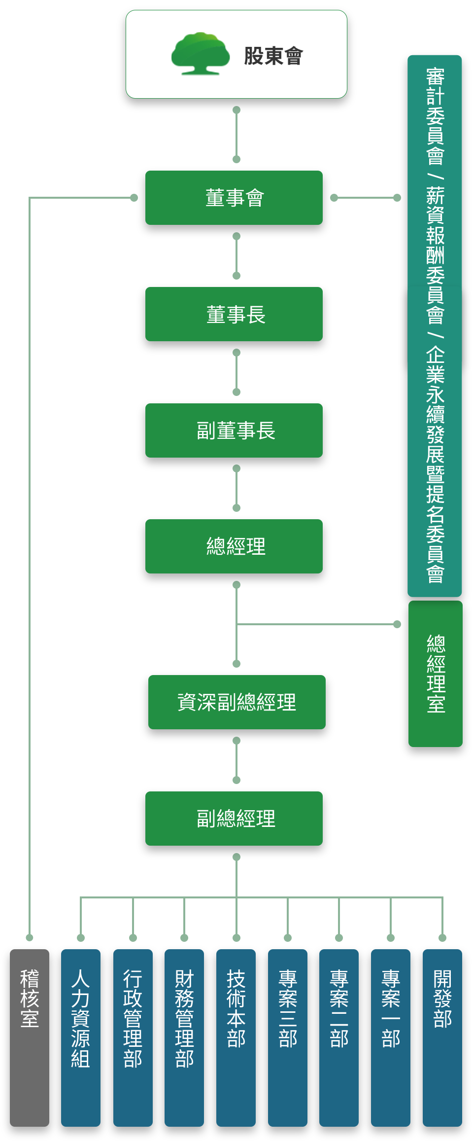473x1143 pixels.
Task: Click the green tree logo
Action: [x=200, y=54]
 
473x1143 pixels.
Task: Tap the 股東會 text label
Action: [x=273, y=56]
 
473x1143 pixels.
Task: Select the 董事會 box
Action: [x=234, y=198]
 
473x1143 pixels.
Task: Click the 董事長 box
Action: [x=234, y=314]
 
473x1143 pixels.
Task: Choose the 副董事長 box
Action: [x=234, y=430]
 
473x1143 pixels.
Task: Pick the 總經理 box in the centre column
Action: [x=234, y=546]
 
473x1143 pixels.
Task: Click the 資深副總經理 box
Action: [x=237, y=702]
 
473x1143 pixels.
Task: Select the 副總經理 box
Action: [x=234, y=819]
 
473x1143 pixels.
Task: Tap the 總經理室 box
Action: [x=436, y=674]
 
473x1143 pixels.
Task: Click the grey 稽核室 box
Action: [x=30, y=1037]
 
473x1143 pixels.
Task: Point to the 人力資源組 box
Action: [x=81, y=1037]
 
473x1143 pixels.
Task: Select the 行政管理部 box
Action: [x=133, y=1037]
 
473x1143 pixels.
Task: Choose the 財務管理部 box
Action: [x=184, y=1037]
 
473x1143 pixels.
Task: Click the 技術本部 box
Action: [x=236, y=1037]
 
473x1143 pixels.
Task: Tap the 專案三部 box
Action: [x=288, y=1037]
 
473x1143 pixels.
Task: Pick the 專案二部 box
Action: [x=339, y=1037]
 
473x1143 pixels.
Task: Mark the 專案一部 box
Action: [x=391, y=1037]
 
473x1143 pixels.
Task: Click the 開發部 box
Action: [x=442, y=1037]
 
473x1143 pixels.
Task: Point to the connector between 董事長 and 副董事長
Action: [x=236, y=372]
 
